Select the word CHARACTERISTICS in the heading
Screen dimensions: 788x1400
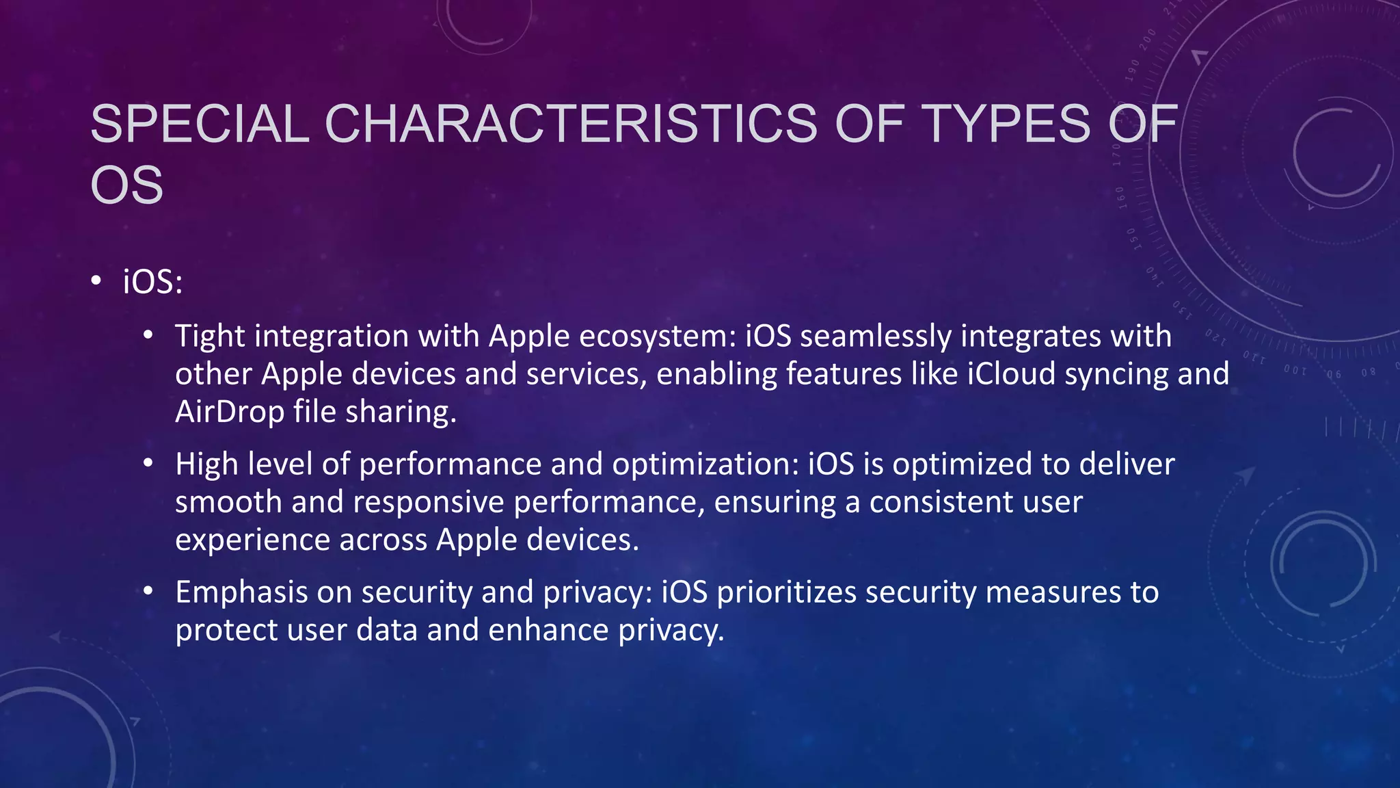pyautogui.click(x=571, y=124)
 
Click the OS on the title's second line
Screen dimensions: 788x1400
pyautogui.click(x=127, y=185)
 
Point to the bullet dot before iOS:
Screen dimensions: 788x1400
pyautogui.click(x=96, y=281)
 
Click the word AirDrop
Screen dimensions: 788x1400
pyautogui.click(x=229, y=412)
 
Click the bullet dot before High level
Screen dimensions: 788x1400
pyautogui.click(x=148, y=464)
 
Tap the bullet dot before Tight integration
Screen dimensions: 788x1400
pyautogui.click(x=148, y=336)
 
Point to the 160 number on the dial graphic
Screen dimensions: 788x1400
pyautogui.click(x=1120, y=196)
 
